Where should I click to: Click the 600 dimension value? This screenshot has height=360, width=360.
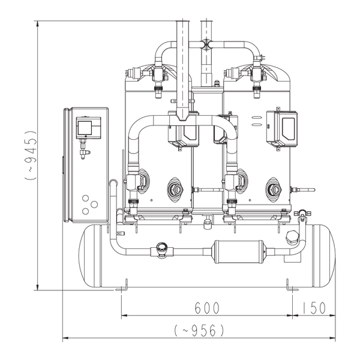click(x=207, y=308)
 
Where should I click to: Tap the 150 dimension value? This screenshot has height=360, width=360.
click(x=313, y=308)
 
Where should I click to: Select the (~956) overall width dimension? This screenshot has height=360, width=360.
click(x=199, y=331)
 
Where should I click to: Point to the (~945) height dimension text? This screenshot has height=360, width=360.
click(x=31, y=155)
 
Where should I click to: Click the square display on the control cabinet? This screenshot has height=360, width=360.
click(x=85, y=128)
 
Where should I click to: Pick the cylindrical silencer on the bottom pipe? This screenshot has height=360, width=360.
click(x=239, y=251)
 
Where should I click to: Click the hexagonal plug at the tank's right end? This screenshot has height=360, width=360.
click(x=292, y=238)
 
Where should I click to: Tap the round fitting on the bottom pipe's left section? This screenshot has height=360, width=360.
click(x=161, y=249)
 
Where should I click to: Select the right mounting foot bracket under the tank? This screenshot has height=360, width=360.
click(x=292, y=286)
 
